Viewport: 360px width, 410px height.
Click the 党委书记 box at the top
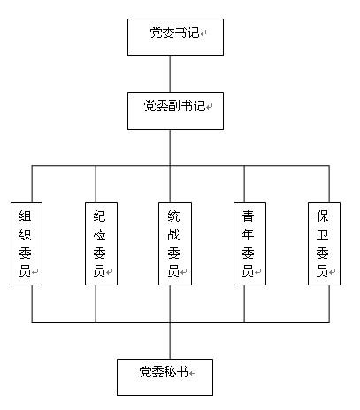click(175, 37)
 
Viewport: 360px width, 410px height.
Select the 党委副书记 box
click(175, 110)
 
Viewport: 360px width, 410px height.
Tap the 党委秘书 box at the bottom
click(165, 377)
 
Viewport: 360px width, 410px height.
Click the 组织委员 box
click(27, 244)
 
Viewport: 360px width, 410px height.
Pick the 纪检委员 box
click(101, 244)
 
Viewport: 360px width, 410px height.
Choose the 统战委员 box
click(175, 244)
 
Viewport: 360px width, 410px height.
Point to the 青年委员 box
click(249, 244)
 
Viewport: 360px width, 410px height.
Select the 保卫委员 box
click(324, 244)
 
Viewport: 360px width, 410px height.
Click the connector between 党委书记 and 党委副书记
click(170, 73)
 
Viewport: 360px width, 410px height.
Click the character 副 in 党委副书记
click(174, 106)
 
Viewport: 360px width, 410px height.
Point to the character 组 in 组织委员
click(25, 216)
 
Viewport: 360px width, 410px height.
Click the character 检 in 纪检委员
click(99, 235)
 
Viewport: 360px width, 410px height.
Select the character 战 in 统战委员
click(173, 235)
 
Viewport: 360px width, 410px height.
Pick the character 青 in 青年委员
click(248, 216)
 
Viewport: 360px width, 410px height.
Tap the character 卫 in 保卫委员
click(322, 235)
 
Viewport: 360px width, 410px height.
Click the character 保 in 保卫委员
click(322, 216)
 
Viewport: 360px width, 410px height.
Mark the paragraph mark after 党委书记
click(203, 34)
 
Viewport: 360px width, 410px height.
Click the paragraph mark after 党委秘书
click(192, 373)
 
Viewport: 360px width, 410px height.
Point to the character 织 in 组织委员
click(25, 235)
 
